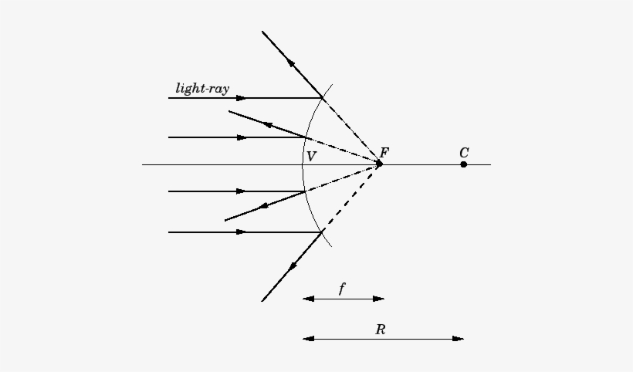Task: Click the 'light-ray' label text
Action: tap(202, 88)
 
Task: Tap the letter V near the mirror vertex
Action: tap(311, 157)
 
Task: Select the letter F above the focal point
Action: tap(384, 153)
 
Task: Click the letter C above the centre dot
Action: tap(464, 153)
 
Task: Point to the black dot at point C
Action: tap(464, 164)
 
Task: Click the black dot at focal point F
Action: tap(379, 164)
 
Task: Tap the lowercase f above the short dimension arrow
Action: tap(342, 289)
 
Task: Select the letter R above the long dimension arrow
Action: tap(381, 330)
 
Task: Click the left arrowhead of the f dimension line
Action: tap(309, 299)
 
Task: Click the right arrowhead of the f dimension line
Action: tap(379, 299)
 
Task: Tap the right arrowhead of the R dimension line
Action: tap(459, 339)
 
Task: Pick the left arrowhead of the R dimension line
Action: tap(309, 339)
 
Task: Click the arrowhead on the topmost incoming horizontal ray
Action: tap(241, 98)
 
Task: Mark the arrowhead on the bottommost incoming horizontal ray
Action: tap(241, 232)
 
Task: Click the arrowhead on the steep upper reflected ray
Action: tap(291, 63)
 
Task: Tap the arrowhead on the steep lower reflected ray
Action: tap(293, 265)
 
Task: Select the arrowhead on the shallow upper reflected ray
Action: tap(268, 125)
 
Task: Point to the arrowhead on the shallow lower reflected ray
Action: tap(263, 206)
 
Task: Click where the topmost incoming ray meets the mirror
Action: tap(322, 98)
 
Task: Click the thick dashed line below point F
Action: tap(350, 198)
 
